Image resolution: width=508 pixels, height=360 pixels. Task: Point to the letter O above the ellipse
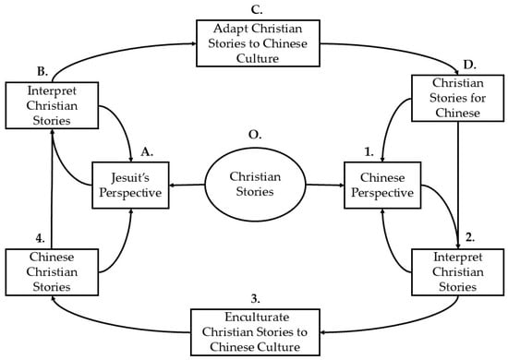tap(255, 135)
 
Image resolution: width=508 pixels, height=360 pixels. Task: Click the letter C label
tap(256, 10)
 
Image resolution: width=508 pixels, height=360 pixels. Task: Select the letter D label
tap(469, 65)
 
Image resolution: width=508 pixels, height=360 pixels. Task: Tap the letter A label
tap(147, 151)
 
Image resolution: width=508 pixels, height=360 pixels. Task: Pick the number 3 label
tap(255, 299)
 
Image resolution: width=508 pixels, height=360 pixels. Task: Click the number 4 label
tap(40, 238)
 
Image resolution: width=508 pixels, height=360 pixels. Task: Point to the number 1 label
tap(369, 151)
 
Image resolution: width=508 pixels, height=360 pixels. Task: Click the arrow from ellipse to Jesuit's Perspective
tap(187, 186)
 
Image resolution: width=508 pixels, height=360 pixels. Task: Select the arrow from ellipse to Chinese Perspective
tap(325, 186)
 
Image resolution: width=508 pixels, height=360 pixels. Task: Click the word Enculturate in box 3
tap(257, 317)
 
